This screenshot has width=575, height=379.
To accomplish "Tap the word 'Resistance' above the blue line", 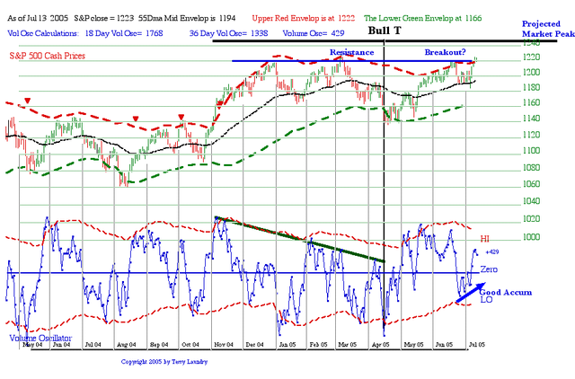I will pos(350,52).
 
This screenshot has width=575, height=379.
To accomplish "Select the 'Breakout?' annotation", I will pos(450,52).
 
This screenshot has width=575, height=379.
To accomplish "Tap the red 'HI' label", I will pos(486,238).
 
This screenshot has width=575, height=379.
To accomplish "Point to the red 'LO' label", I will pos(485,300).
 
